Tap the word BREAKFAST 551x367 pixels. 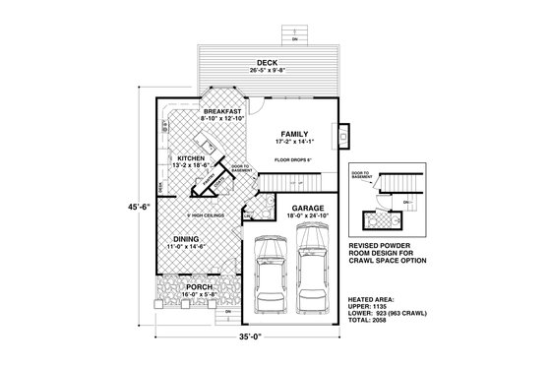coord(221,112)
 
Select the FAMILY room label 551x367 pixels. coord(294,133)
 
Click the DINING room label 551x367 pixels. coord(188,240)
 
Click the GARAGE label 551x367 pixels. coord(293,209)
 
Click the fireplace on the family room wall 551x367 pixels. coord(341,134)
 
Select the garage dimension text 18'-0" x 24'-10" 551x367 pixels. coord(293,217)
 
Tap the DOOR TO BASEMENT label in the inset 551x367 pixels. coord(360,174)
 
